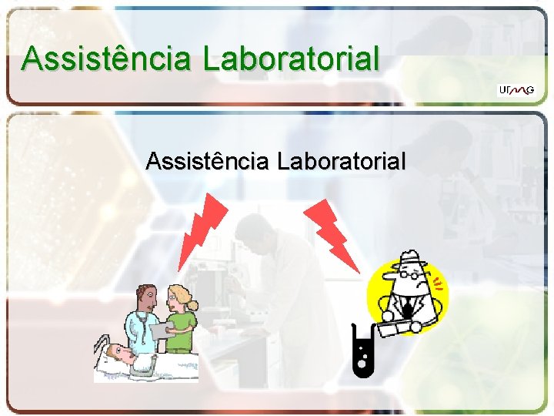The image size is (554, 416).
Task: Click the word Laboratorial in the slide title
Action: point(290,59)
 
